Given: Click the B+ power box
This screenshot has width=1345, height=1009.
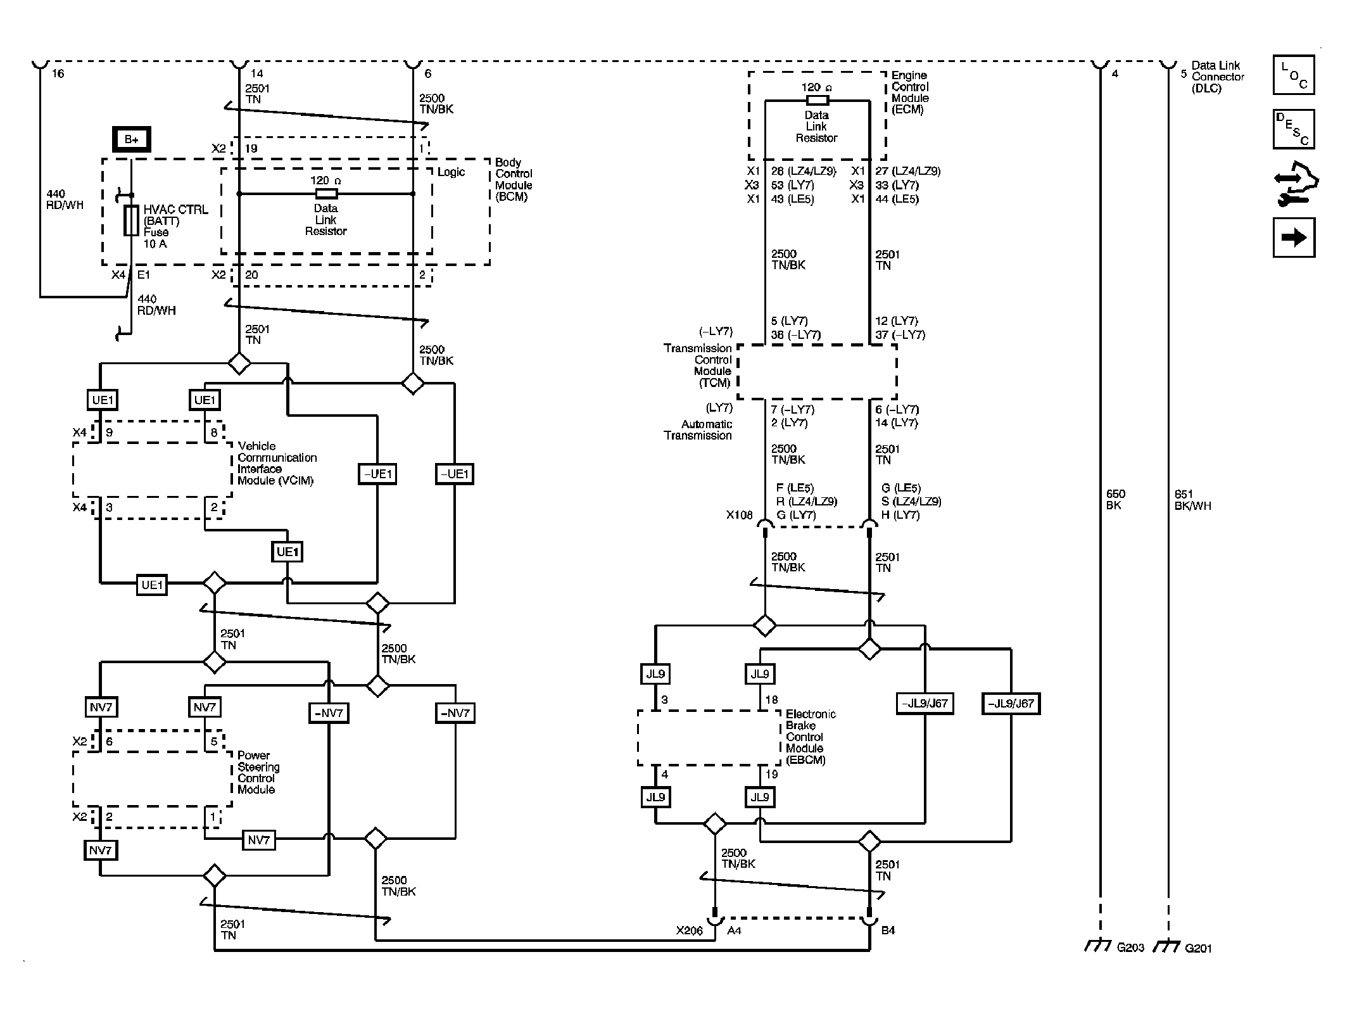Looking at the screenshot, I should click(x=131, y=139).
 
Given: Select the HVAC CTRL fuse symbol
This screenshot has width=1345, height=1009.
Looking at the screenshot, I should click(x=131, y=220).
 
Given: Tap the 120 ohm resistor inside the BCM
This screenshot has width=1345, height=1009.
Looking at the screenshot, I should click(x=325, y=193).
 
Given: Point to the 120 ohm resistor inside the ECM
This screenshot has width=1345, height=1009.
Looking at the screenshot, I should click(x=817, y=100).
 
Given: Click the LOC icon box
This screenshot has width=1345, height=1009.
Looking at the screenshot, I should click(x=1293, y=75).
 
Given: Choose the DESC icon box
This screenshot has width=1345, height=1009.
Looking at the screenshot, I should click(x=1293, y=129).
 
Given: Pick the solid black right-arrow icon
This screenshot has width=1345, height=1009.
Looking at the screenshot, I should click(x=1293, y=238).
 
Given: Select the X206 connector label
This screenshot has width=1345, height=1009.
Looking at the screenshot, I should click(x=689, y=930).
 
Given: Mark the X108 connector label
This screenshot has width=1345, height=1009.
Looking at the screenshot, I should click(x=739, y=515).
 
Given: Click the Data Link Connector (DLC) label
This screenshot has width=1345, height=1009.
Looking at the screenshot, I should click(x=1217, y=77).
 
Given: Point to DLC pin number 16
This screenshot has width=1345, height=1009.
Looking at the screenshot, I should click(x=58, y=74).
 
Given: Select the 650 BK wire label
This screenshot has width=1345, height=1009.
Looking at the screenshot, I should click(x=1115, y=500).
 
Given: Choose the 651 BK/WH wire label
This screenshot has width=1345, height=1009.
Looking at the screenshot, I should click(x=1192, y=500).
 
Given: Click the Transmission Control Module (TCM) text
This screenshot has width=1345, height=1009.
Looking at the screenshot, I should click(x=698, y=365).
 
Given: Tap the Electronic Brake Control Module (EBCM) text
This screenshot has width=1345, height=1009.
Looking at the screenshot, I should click(x=811, y=737).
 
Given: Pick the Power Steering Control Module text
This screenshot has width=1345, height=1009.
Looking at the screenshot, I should click(x=258, y=772).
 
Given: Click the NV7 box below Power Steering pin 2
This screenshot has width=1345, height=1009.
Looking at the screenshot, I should click(x=100, y=850).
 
